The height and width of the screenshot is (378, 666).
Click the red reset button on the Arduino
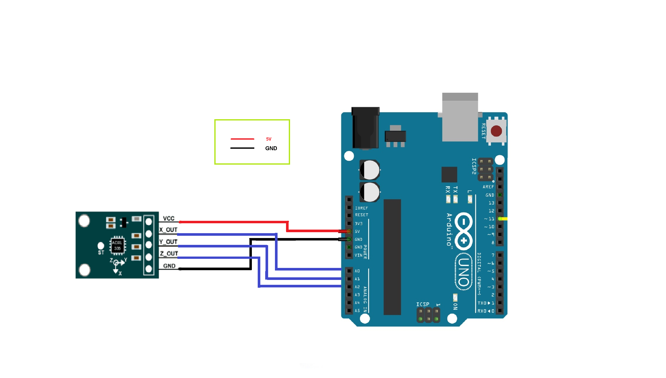496,131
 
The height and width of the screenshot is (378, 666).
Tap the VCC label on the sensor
168,218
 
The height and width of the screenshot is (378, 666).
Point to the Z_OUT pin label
169,253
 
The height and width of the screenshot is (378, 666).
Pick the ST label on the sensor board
101,252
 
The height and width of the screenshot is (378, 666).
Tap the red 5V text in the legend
269,139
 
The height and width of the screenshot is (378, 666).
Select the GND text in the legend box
271,148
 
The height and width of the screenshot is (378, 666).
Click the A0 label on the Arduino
357,271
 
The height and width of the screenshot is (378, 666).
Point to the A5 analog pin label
357,310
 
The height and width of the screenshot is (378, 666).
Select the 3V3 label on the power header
359,224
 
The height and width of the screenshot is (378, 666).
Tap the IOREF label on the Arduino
361,208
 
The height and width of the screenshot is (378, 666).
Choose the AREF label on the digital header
488,187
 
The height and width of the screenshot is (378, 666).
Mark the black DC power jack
365,128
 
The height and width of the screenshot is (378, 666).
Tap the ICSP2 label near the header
474,166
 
